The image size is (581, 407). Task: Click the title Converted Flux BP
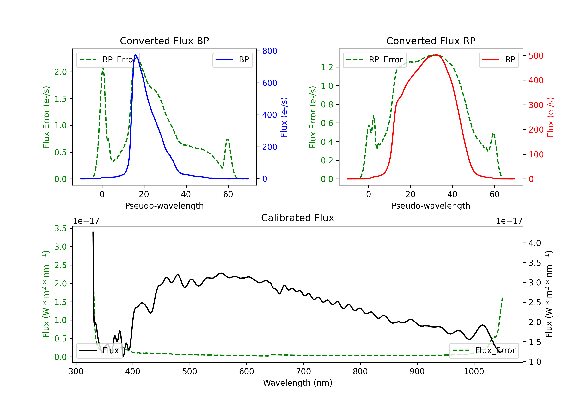click(x=164, y=41)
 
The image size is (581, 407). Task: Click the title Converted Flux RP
click(x=431, y=41)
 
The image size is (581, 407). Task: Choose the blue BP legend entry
click(x=232, y=60)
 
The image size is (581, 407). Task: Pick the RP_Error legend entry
click(x=375, y=60)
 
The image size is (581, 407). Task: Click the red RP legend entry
click(x=499, y=60)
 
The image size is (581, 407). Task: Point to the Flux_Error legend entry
click(x=484, y=351)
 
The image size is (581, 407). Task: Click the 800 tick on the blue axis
click(x=270, y=51)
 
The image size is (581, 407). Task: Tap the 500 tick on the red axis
click(x=536, y=56)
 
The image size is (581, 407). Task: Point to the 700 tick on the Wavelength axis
click(x=303, y=372)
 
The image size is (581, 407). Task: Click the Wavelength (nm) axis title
click(x=298, y=383)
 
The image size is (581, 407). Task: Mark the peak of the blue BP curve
click(x=136, y=55)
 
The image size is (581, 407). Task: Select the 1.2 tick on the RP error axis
click(x=327, y=67)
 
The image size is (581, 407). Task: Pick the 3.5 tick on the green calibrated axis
click(x=60, y=229)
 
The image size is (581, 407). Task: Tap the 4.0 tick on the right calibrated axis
click(x=535, y=243)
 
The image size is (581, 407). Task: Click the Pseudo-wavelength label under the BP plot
click(x=164, y=206)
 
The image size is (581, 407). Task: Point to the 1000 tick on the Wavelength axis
click(x=474, y=372)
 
